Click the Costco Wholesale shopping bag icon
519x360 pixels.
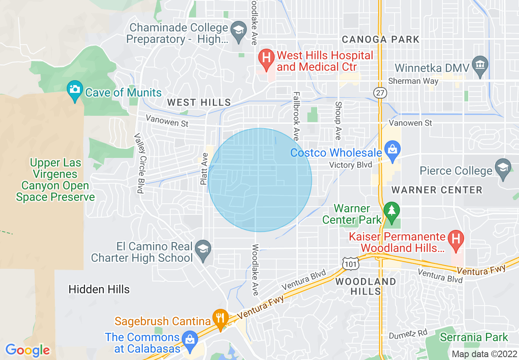click(x=392, y=150)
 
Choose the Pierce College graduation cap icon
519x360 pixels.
click(x=503, y=168)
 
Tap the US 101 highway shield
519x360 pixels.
click(x=351, y=263)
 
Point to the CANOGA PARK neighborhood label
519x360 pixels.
click(x=380, y=39)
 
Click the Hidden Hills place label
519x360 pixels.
click(x=99, y=290)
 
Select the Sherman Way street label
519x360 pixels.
click(x=413, y=81)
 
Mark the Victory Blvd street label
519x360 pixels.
click(x=351, y=165)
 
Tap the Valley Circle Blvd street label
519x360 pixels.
click(x=140, y=163)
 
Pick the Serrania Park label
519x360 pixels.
click(x=474, y=338)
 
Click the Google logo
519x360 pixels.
click(x=27, y=350)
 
